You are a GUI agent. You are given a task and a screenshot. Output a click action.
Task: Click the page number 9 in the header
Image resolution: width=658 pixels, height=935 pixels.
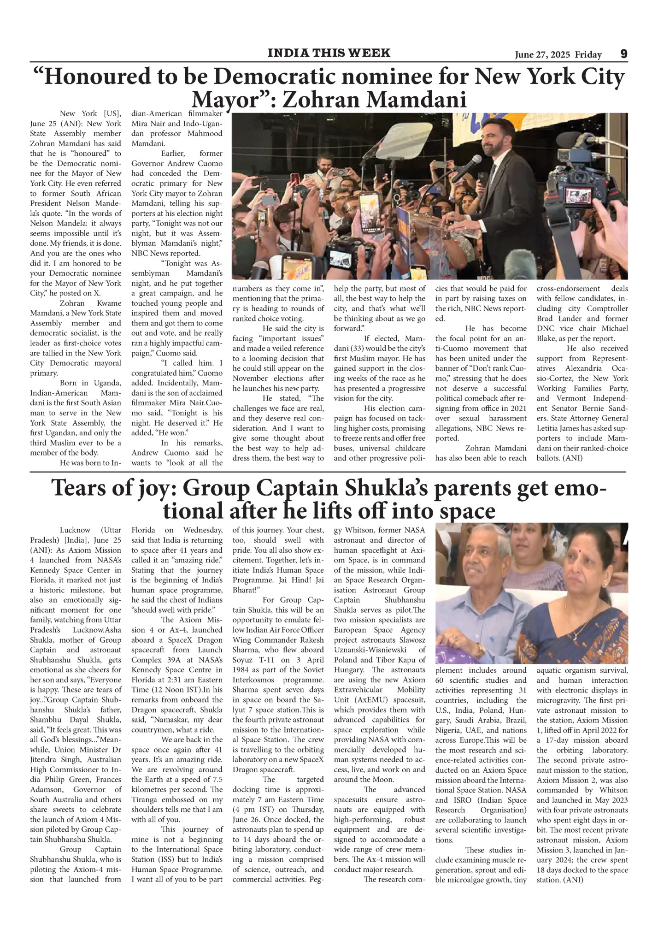tap(623, 54)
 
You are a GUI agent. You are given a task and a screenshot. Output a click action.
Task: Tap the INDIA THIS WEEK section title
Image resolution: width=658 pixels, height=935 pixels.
tap(329, 53)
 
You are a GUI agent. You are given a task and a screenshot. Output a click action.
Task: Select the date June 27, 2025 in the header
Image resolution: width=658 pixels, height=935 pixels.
tap(543, 55)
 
